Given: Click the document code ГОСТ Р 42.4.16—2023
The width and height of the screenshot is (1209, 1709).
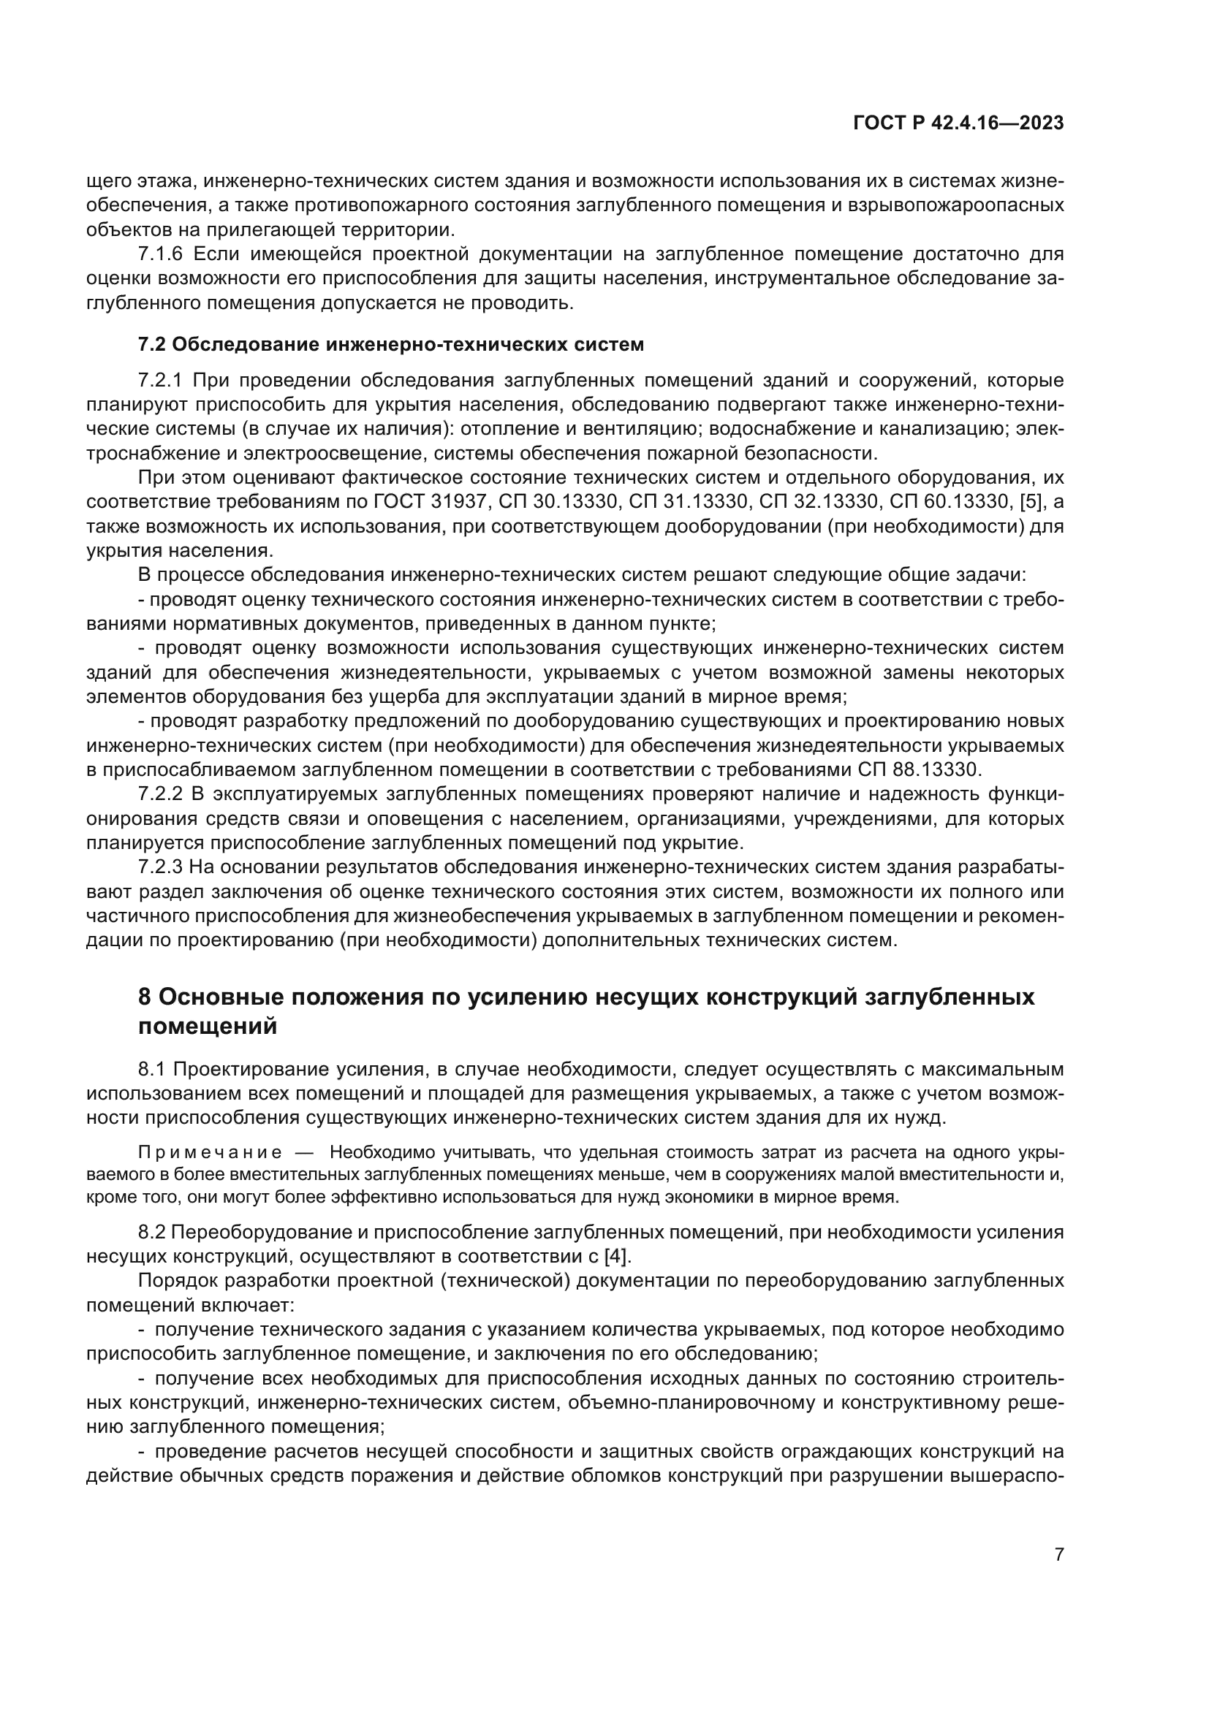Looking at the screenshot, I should [x=958, y=123].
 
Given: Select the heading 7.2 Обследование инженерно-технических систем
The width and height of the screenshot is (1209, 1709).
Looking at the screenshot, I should [x=391, y=345].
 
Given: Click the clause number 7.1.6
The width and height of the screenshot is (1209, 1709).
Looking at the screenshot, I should [x=160, y=254].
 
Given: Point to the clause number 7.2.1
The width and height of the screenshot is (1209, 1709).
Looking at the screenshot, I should [x=160, y=381].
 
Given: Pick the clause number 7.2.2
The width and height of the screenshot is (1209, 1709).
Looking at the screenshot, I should [x=160, y=794].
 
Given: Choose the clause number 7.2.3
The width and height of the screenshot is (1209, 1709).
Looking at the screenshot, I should [x=160, y=867].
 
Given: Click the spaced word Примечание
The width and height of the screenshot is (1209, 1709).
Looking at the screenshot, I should [x=210, y=1153].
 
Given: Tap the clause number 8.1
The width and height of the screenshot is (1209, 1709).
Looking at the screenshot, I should [x=151, y=1070].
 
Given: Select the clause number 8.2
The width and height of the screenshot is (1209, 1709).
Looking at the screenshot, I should [x=151, y=1233].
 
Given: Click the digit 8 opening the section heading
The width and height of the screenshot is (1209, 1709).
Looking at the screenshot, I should [x=145, y=997].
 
